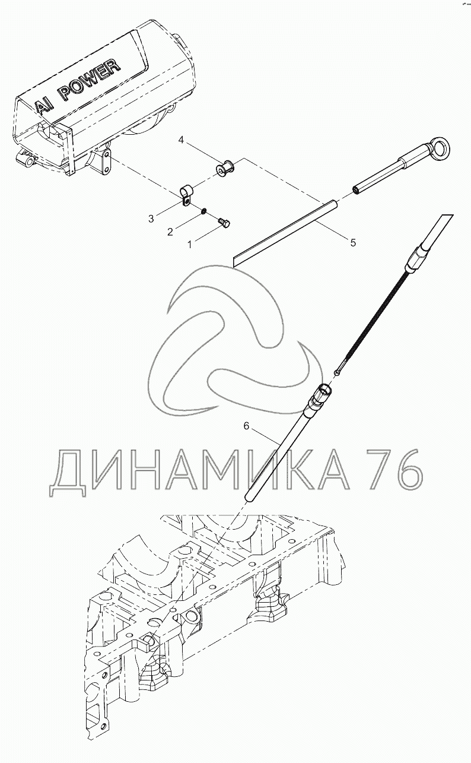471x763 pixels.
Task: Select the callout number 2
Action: [x=170, y=232]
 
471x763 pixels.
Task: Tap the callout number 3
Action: [x=151, y=219]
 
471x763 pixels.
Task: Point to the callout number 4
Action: [x=182, y=141]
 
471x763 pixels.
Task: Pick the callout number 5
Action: [x=353, y=242]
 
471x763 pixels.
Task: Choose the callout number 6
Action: [x=246, y=426]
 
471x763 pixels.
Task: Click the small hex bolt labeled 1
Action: [x=224, y=222]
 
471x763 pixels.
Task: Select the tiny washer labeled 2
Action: [x=203, y=211]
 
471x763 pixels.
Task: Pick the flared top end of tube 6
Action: [x=324, y=391]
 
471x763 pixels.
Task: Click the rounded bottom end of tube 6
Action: [x=250, y=496]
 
